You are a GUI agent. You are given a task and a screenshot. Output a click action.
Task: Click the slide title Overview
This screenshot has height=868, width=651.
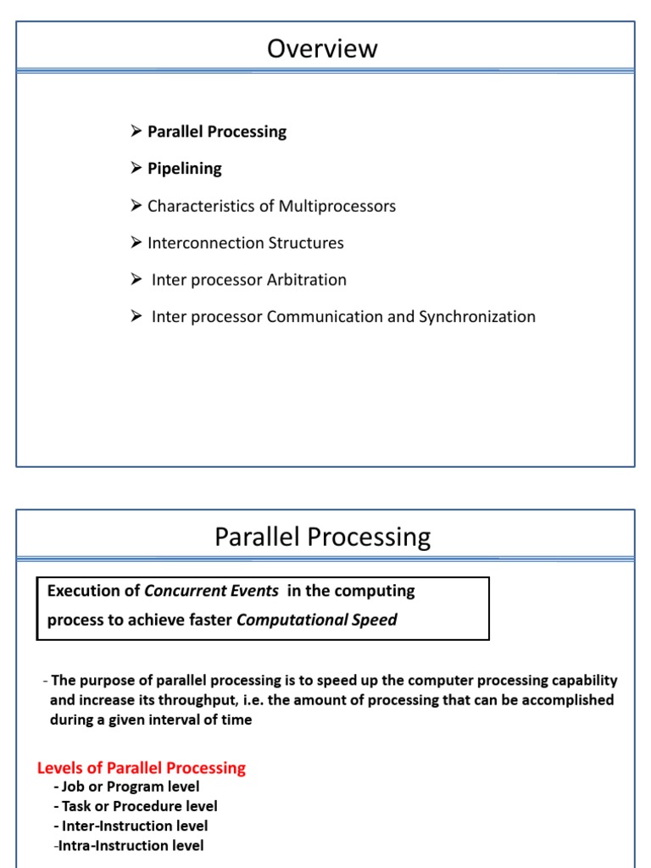click(x=322, y=49)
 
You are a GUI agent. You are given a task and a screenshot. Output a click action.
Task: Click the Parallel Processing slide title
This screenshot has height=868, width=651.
click(x=322, y=537)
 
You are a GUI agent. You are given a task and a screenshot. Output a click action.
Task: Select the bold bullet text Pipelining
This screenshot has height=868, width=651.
click(x=184, y=169)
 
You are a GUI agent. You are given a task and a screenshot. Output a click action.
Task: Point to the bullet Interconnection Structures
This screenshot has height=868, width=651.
click(x=245, y=243)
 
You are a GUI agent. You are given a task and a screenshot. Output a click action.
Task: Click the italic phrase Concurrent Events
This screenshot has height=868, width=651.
click(x=211, y=591)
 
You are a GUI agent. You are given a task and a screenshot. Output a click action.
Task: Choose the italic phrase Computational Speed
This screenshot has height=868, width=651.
click(x=316, y=620)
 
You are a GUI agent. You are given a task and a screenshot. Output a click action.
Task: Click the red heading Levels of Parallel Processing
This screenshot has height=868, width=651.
click(x=142, y=768)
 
